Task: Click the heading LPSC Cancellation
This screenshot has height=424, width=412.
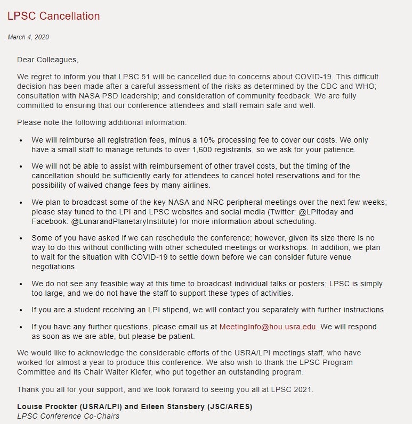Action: tap(53, 16)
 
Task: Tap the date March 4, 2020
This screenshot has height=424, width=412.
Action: tap(28, 37)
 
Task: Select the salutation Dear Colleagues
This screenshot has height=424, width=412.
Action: tap(47, 60)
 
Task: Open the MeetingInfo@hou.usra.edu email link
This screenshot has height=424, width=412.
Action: tap(268, 327)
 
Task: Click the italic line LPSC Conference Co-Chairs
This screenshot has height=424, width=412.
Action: tap(68, 416)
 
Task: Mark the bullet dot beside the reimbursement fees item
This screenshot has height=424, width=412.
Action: tap(21, 141)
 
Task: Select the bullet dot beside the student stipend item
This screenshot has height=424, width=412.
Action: tap(21, 310)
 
